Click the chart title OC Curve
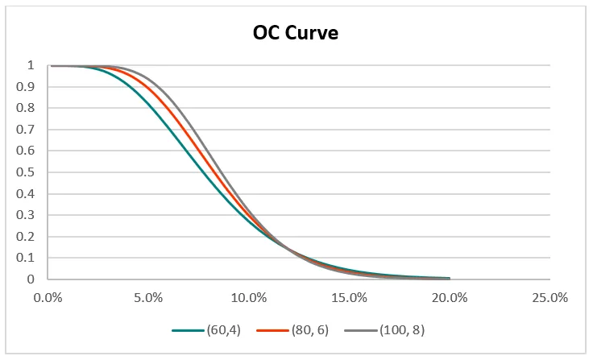click(x=295, y=34)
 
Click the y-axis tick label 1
click(x=30, y=65)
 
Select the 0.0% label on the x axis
click(x=48, y=297)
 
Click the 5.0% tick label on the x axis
click(x=149, y=297)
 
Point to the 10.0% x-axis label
click(x=249, y=297)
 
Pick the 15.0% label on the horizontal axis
click(x=350, y=297)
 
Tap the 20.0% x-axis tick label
click(x=450, y=297)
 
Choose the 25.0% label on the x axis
click(x=550, y=297)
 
